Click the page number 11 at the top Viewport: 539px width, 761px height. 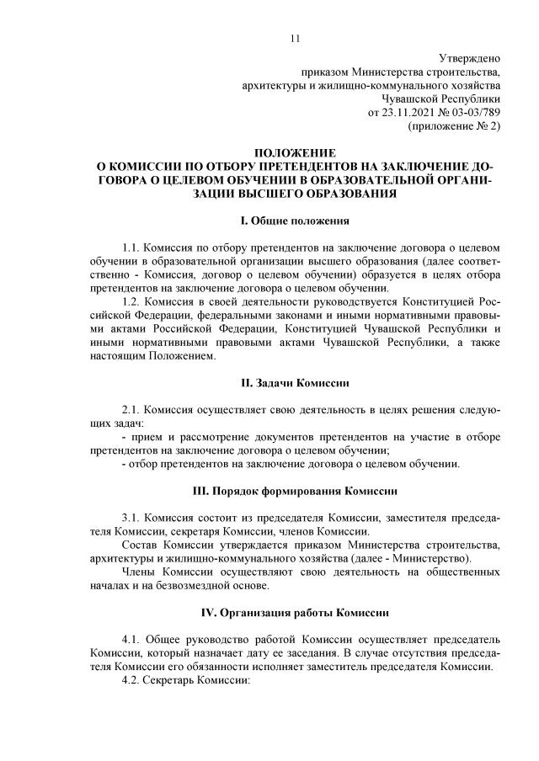tap(294, 38)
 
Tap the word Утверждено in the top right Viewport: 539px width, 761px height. tap(470, 58)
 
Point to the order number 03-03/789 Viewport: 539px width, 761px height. tap(473, 112)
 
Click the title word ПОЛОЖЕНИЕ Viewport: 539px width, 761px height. tap(294, 153)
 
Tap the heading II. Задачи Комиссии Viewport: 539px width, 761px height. tap(294, 383)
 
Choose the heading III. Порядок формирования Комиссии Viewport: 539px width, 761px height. tap(294, 490)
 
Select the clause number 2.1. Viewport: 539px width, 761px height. tap(131, 410)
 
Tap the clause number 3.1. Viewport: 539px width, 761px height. tap(131, 517)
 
